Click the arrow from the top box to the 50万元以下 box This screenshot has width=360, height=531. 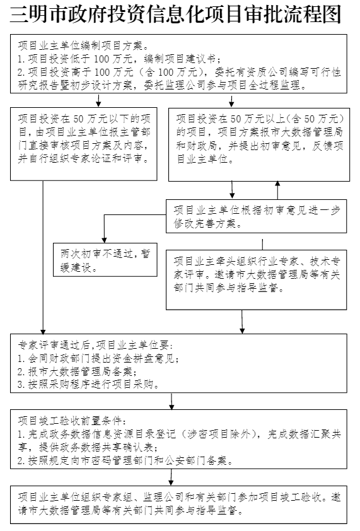(x=98, y=100)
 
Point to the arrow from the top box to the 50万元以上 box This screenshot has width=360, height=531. (x=231, y=100)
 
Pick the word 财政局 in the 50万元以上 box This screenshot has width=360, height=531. (x=201, y=146)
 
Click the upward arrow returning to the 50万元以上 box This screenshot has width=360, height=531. (x=277, y=190)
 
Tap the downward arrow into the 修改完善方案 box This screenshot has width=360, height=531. (x=232, y=190)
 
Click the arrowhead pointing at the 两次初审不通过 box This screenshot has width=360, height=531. (x=104, y=239)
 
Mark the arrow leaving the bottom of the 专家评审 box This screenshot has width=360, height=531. (x=242, y=322)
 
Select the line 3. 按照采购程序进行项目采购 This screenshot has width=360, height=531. (x=89, y=385)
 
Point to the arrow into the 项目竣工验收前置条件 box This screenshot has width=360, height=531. (x=171, y=401)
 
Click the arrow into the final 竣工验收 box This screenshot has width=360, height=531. (x=171, y=477)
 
